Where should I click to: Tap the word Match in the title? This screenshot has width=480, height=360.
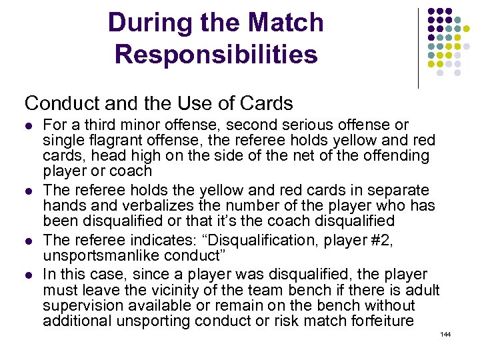click(x=283, y=23)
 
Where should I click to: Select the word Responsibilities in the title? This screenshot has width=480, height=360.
click(x=216, y=54)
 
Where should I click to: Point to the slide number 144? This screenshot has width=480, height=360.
click(x=445, y=334)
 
